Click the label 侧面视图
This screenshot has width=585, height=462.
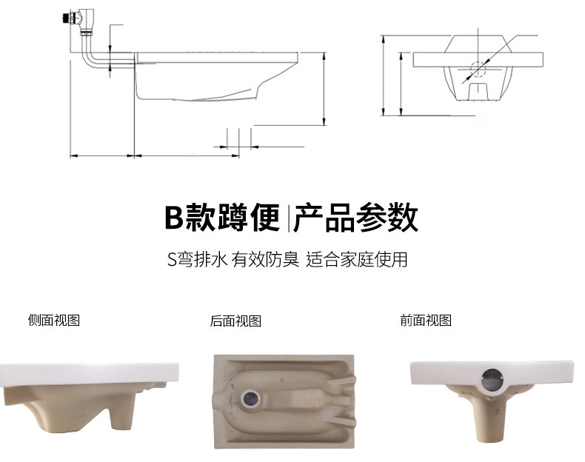click(x=53, y=321)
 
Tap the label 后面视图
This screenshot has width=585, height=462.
click(x=235, y=321)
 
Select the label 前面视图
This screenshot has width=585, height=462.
click(x=425, y=321)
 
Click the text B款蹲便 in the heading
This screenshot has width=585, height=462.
click(x=221, y=218)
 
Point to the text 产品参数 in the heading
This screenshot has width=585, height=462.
click(x=355, y=218)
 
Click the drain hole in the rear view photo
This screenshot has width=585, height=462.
click(x=249, y=398)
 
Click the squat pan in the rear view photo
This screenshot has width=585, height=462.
click(x=284, y=396)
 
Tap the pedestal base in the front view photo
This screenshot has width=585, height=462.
click(x=490, y=418)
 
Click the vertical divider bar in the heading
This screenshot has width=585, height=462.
click(x=287, y=218)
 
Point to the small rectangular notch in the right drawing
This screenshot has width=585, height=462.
click(x=478, y=91)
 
